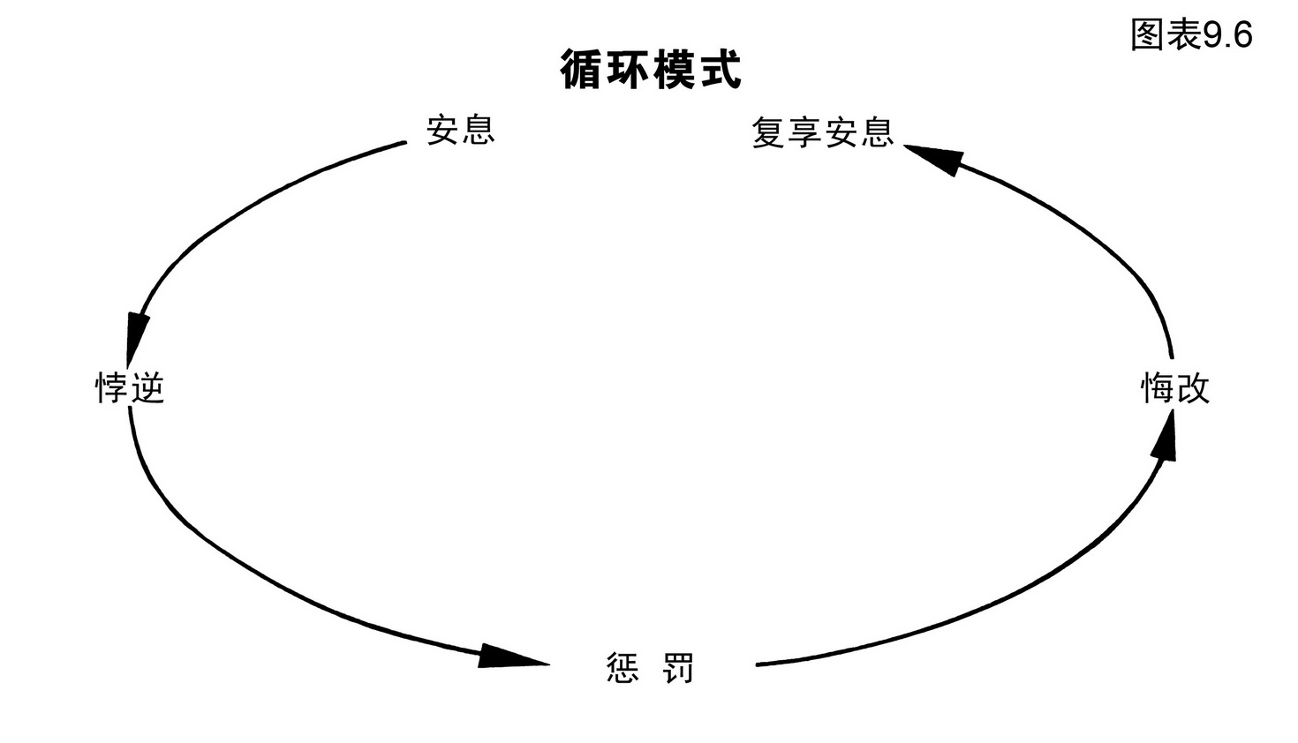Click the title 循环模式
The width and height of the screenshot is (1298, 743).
point(651,70)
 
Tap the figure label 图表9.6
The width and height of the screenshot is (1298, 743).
point(1191,35)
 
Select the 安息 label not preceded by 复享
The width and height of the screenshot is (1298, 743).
point(460,130)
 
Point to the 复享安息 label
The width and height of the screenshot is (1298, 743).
point(822,132)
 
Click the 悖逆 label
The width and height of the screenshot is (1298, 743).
point(131,387)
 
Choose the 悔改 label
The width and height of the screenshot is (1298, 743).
point(1174,388)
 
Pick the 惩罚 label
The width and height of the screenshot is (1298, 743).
point(651,668)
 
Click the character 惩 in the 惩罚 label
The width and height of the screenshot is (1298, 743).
point(623,668)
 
